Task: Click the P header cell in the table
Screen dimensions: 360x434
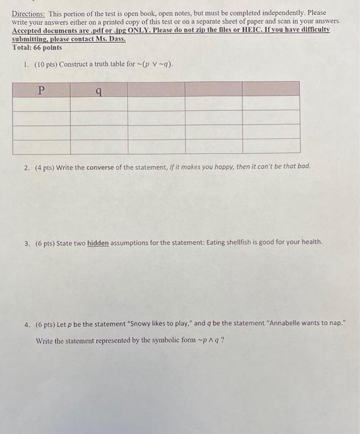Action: point(41,90)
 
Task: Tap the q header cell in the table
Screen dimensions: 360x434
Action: point(99,91)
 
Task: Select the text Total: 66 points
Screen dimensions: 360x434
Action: point(37,47)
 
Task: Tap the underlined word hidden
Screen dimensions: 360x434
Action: point(97,242)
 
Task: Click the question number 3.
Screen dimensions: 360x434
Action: point(27,242)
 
